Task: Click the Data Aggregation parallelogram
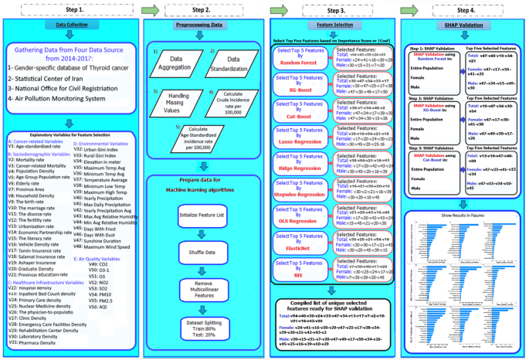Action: (175, 61)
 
